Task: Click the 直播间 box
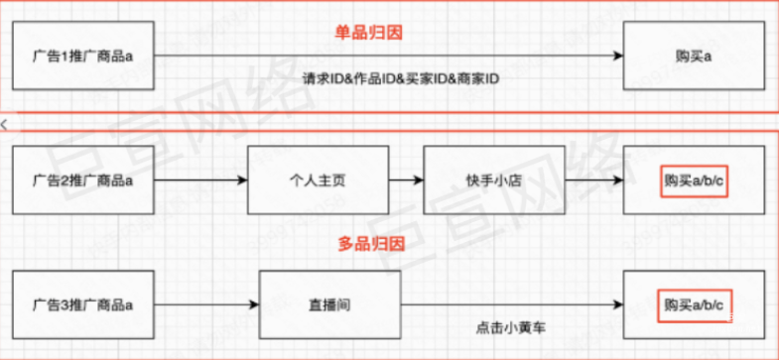coord(330,301)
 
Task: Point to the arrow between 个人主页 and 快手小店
coord(405,180)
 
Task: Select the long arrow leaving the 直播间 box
coord(512,301)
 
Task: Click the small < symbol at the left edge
coord(4,123)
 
